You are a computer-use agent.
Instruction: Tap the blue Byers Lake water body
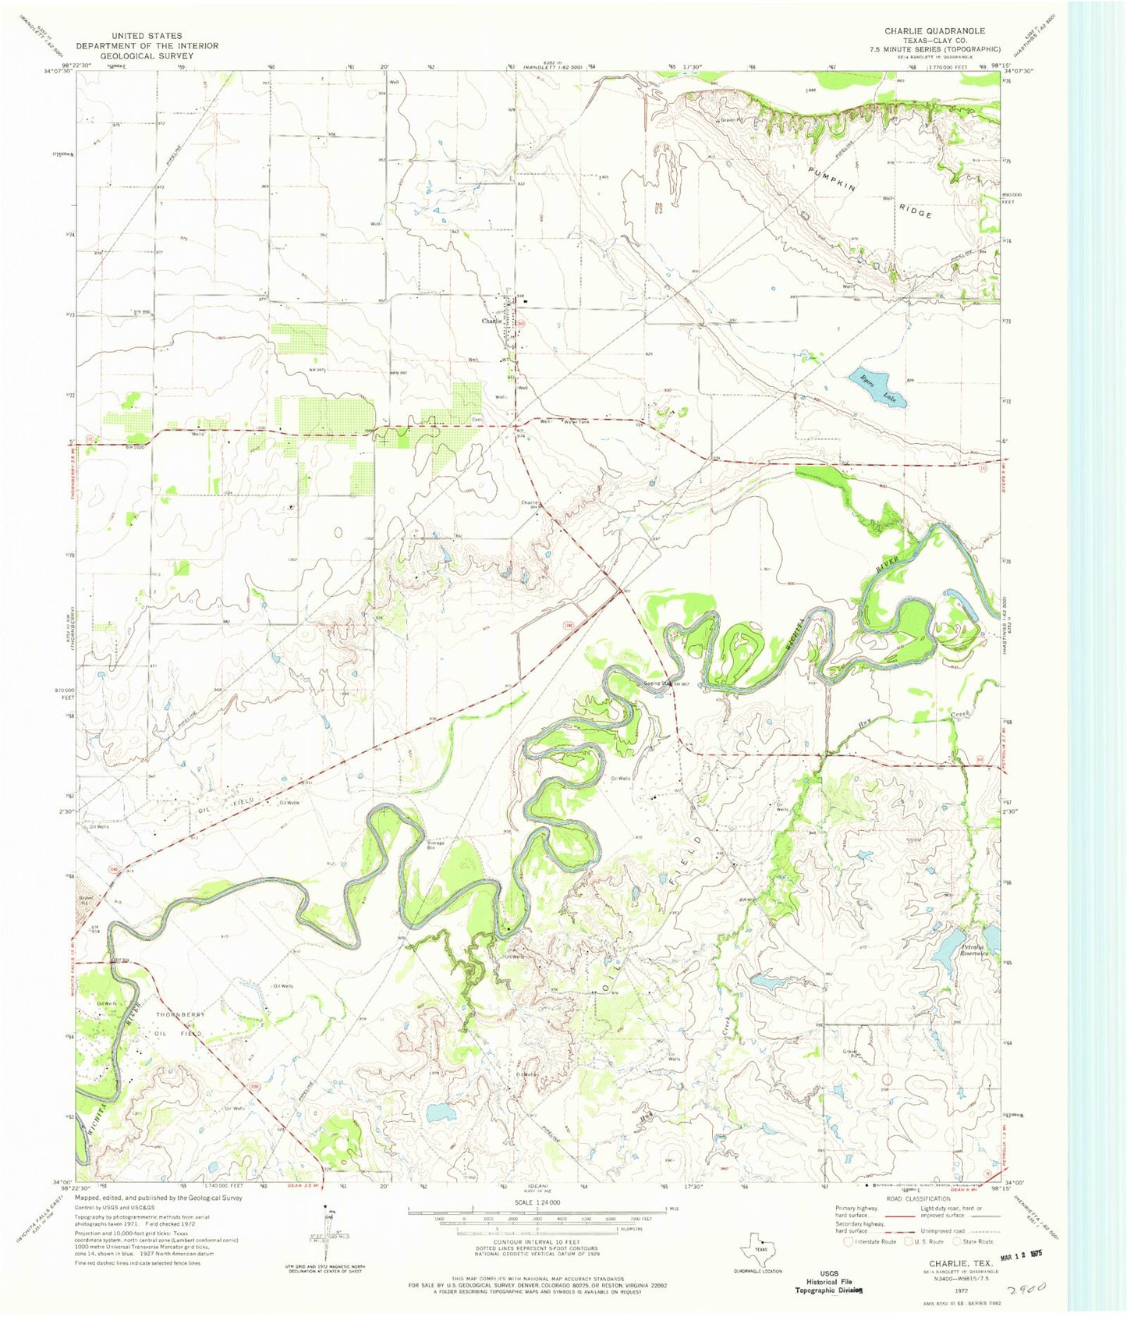pos(877,384)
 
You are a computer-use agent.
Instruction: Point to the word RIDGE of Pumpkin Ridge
pos(914,210)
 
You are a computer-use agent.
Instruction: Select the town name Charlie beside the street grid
pos(491,321)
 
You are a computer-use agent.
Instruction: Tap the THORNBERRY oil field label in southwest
pos(180,1014)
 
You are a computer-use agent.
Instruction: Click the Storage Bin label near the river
pos(435,845)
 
